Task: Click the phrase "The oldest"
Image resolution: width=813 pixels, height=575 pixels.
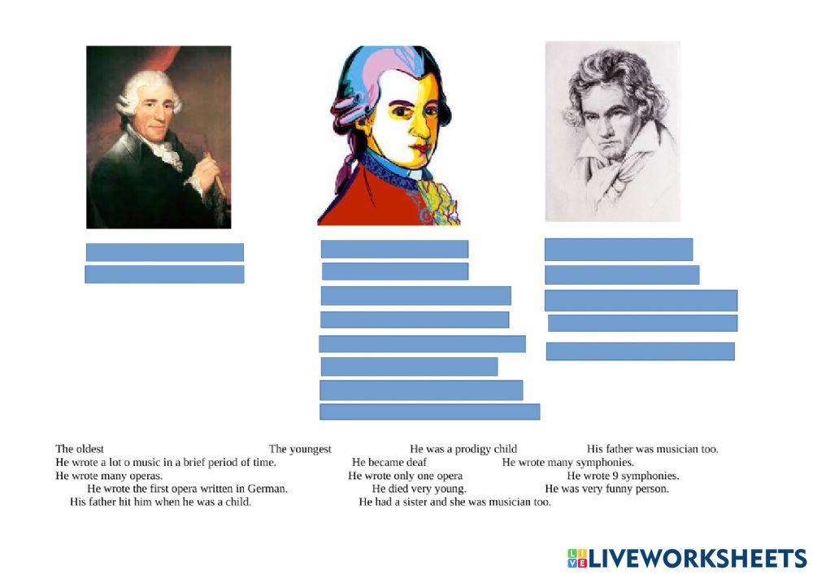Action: (80, 449)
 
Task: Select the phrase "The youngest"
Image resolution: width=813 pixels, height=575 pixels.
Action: (300, 449)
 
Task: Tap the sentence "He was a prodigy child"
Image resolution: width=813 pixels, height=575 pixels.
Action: (463, 449)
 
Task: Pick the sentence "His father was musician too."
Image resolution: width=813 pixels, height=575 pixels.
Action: (653, 449)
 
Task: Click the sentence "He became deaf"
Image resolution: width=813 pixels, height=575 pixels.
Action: (389, 463)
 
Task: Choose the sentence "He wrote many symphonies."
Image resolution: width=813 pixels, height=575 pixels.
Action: (567, 463)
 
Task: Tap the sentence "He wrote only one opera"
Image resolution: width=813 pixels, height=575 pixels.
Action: (406, 476)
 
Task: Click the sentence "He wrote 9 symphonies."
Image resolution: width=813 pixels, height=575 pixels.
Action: (623, 476)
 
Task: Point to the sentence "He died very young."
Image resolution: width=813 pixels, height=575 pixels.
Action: (420, 489)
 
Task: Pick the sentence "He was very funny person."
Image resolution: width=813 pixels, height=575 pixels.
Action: (606, 489)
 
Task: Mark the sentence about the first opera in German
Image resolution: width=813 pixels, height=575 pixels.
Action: (187, 489)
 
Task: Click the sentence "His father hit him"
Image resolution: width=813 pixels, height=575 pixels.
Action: (160, 502)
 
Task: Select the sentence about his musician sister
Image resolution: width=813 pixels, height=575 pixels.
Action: (454, 502)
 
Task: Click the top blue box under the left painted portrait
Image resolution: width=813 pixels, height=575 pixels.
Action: (164, 252)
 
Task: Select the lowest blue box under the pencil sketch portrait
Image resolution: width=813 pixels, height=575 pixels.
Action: (640, 351)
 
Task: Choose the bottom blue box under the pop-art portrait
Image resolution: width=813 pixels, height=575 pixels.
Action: (429, 412)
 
